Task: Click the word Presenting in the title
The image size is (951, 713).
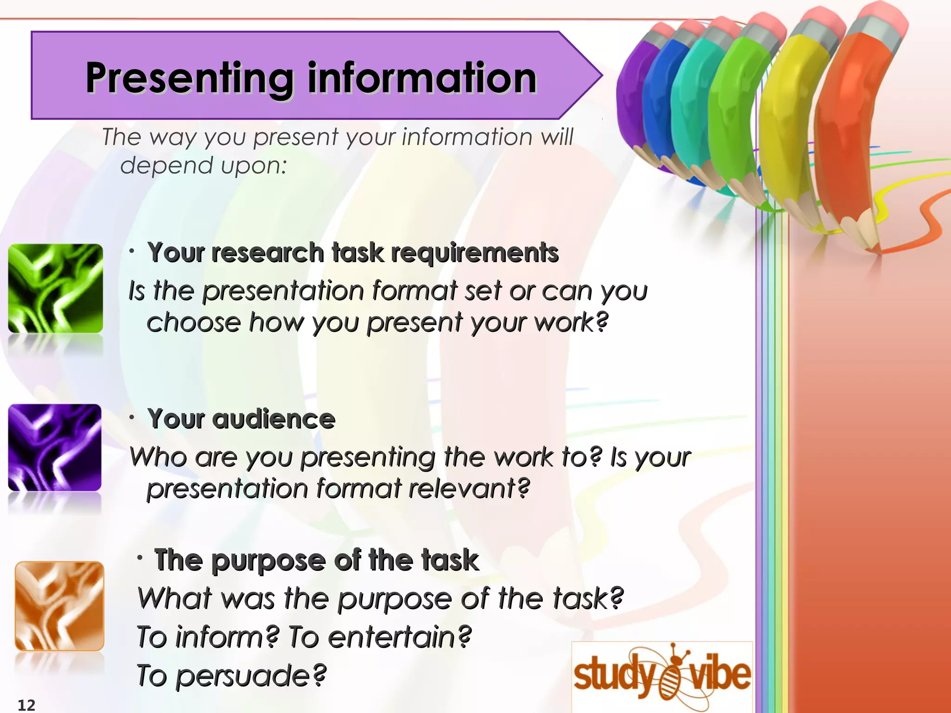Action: (189, 79)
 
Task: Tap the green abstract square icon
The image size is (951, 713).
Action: (56, 288)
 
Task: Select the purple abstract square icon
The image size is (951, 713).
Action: (55, 447)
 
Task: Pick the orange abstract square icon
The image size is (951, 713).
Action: (59, 606)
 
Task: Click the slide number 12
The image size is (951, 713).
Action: (26, 705)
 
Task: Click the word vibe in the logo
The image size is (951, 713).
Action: (720, 675)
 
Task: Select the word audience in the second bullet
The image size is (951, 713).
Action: (274, 419)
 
